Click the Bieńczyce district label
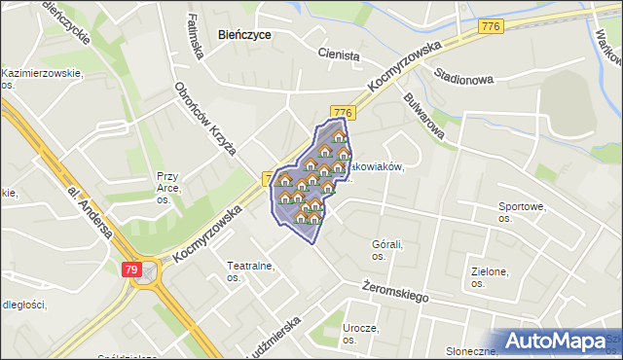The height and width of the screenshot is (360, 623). tap(244, 34)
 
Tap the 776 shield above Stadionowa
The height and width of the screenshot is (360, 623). tap(491, 26)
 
